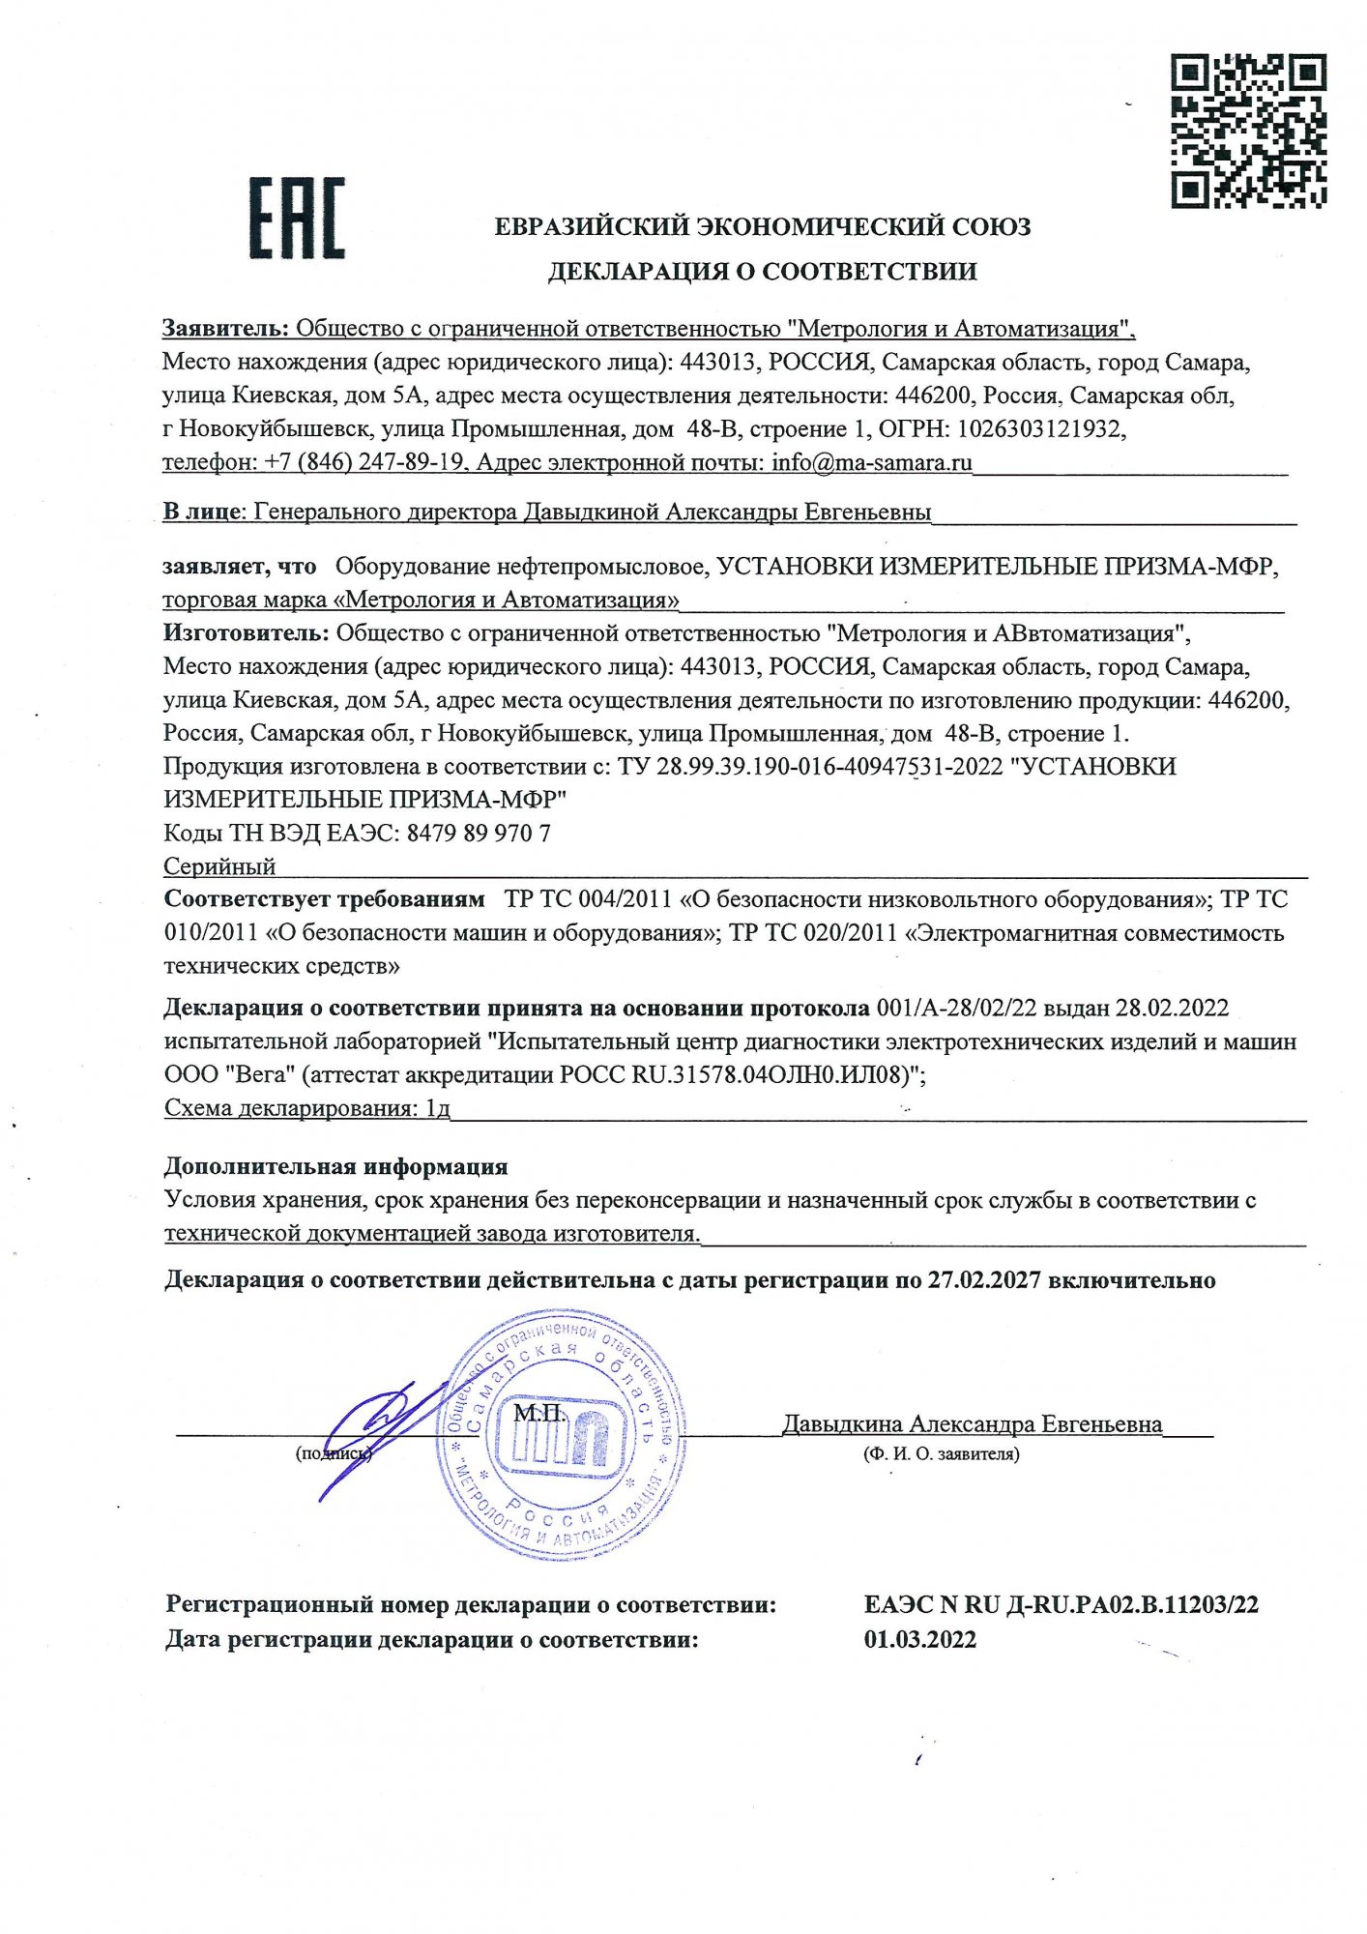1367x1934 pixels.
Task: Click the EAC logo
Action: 297,219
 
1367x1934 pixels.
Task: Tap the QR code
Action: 1248,131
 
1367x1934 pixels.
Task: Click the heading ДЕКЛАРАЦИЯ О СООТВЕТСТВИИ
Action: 762,272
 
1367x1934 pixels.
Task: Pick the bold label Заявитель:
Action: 225,329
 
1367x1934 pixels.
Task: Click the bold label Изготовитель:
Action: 247,633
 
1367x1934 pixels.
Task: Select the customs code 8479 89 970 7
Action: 479,833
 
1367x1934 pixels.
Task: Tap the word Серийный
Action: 219,865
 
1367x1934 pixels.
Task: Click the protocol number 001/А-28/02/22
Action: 956,1008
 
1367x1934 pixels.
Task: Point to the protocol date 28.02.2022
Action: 1172,1008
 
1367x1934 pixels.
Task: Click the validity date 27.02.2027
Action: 984,1280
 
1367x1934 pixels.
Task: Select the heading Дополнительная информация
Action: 335,1166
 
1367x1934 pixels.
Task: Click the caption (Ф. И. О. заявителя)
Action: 941,1453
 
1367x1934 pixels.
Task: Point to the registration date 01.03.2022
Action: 920,1639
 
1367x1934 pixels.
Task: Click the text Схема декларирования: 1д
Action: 307,1108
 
